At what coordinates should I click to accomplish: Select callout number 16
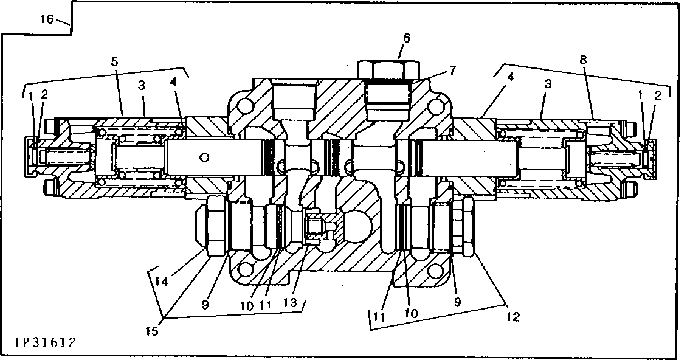47,19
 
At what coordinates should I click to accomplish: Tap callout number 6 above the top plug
406,38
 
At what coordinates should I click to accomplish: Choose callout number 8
583,60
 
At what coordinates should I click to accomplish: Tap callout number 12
512,316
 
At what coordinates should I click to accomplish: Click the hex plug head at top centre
389,69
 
